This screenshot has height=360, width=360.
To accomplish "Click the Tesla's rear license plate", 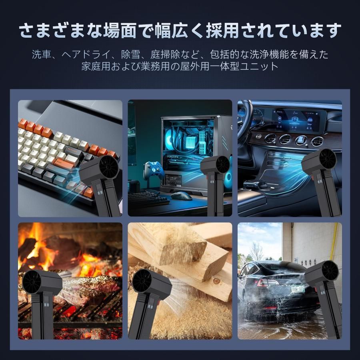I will (297, 288).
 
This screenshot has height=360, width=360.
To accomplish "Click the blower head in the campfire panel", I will (40, 284).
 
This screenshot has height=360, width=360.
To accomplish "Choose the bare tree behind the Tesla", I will (256, 252).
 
